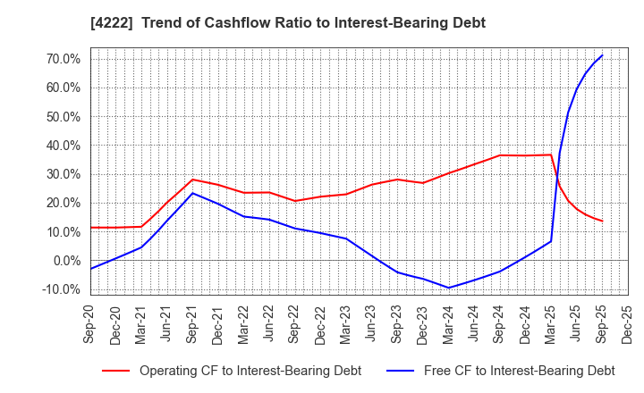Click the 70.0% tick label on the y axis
click(59, 59)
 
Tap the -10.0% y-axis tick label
click(57, 289)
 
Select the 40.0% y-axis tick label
click(59, 146)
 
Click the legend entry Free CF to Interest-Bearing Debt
click(519, 371)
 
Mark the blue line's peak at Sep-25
click(602, 55)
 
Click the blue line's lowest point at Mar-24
click(449, 288)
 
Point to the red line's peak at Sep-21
click(192, 180)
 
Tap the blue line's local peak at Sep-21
click(192, 193)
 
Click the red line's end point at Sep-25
click(602, 222)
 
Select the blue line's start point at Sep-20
click(90, 269)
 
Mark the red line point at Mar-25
click(551, 155)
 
